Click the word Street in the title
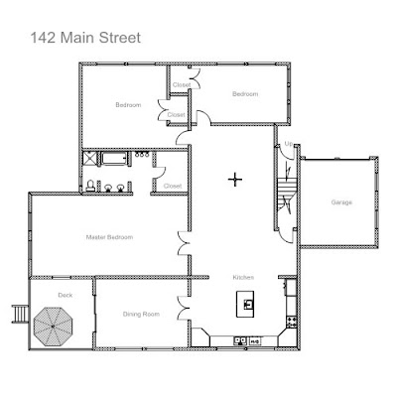[120, 38]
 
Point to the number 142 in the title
[43, 38]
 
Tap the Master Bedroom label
[109, 237]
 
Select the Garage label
[341, 202]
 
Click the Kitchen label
[243, 277]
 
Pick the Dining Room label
[141, 314]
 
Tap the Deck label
[65, 295]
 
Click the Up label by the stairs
[289, 144]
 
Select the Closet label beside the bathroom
[173, 186]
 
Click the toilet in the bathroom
[90, 186]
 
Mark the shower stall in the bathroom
[89, 158]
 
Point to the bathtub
[114, 158]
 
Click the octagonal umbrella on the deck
[53, 327]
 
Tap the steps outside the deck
[20, 314]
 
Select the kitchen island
[245, 304]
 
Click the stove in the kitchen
[292, 322]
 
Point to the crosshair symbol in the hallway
[235, 180]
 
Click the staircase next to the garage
[285, 196]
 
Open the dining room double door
[183, 308]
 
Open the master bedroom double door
[183, 243]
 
